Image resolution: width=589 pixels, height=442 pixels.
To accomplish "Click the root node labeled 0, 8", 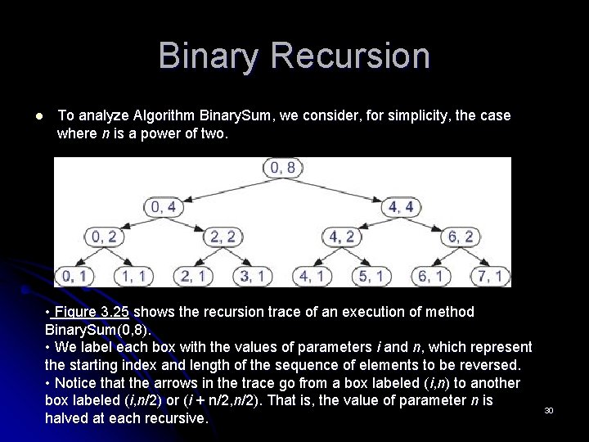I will (282, 169).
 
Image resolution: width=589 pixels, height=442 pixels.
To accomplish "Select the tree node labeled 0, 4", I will (164, 207).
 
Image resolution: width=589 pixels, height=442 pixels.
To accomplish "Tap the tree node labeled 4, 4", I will (401, 207).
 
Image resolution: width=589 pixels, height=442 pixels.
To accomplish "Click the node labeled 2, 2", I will (223, 237).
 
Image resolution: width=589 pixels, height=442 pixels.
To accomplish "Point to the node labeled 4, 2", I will (342, 237).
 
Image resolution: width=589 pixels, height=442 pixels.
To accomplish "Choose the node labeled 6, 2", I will (461, 237).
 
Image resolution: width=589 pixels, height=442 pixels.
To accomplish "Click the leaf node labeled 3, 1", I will (253, 277).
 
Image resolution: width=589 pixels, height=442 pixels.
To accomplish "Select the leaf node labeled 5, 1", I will (371, 277).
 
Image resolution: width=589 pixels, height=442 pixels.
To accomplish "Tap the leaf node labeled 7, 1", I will (490, 277).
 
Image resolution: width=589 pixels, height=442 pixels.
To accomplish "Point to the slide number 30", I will (548, 409).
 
